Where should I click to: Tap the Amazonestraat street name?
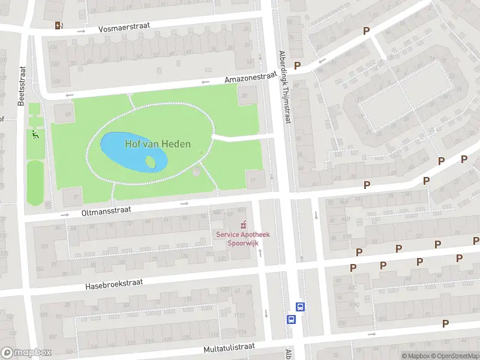pyautogui.click(x=251, y=79)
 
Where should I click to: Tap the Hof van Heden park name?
pyautogui.click(x=158, y=144)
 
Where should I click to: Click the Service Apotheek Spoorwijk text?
pyautogui.click(x=243, y=239)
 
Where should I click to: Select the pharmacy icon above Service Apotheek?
pyautogui.click(x=243, y=225)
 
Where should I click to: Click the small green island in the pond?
pyautogui.click(x=151, y=161)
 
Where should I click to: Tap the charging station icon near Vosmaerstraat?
pyautogui.click(x=58, y=25)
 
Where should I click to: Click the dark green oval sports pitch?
pyautogui.click(x=35, y=182)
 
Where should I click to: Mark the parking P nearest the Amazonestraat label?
pyautogui.click(x=296, y=65)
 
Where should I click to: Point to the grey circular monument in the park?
pyautogui.click(x=196, y=173)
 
